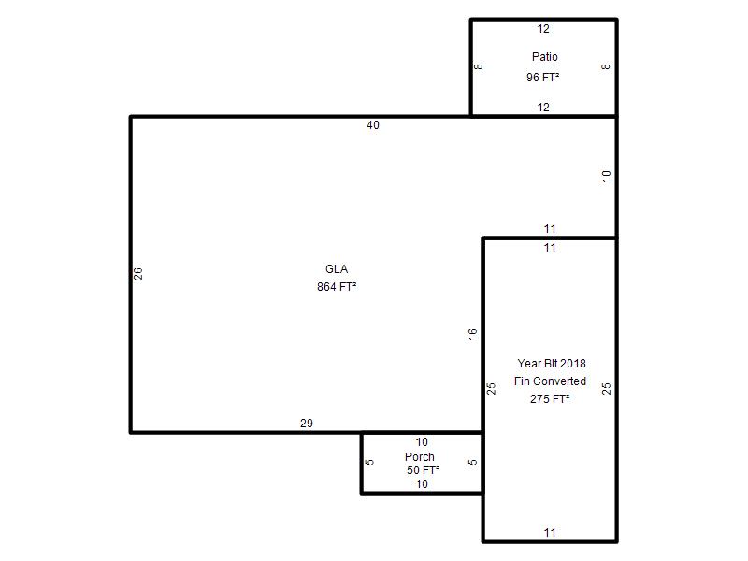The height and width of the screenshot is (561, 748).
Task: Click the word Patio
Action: [x=545, y=57]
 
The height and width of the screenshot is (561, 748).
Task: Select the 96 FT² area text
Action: [x=543, y=78]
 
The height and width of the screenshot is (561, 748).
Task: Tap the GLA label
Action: [x=337, y=269]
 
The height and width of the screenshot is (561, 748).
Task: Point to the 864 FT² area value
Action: [x=337, y=287]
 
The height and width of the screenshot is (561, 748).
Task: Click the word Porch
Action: [x=419, y=457]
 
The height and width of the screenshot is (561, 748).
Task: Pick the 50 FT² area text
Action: [x=424, y=470]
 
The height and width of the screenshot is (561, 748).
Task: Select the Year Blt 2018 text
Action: [x=552, y=364]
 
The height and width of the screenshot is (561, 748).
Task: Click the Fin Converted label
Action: [x=550, y=381]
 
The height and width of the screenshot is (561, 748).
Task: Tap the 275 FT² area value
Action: [x=550, y=399]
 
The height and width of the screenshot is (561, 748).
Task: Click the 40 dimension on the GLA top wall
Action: [x=373, y=125]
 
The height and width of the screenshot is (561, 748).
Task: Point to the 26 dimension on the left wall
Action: [x=137, y=273]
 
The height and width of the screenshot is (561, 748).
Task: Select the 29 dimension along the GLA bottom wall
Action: [x=307, y=424]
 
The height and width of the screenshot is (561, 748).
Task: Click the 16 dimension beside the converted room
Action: [x=472, y=335]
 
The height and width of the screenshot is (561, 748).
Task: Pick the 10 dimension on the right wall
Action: [x=606, y=177]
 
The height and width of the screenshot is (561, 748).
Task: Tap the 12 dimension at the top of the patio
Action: [x=543, y=29]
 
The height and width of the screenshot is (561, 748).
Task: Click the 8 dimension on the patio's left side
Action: [x=479, y=66]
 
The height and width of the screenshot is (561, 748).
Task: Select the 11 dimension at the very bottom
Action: [x=550, y=532]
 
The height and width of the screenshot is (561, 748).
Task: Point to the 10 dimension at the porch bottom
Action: [x=422, y=484]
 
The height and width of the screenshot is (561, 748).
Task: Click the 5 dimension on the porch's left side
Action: [x=369, y=462]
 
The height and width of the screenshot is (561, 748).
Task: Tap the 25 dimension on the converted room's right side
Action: [x=606, y=389]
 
